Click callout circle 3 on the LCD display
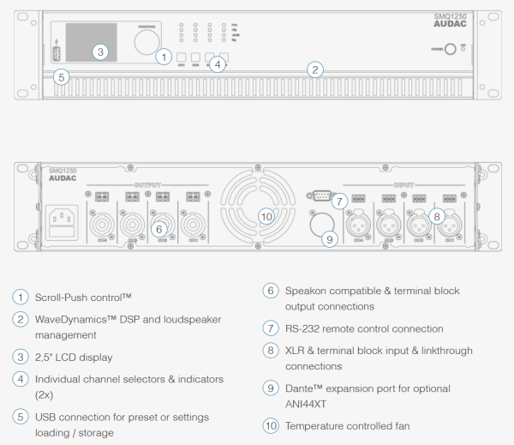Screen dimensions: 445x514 tap(100, 51)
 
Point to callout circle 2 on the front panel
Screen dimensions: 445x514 tap(315, 69)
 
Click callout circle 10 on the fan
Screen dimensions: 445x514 tap(266, 216)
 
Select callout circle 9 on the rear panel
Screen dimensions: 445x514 tap(330, 238)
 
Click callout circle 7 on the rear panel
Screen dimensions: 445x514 tap(339, 201)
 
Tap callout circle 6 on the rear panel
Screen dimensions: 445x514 tap(158, 228)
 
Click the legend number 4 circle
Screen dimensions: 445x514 tap(20, 378)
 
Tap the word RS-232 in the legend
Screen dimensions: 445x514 tap(303, 328)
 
